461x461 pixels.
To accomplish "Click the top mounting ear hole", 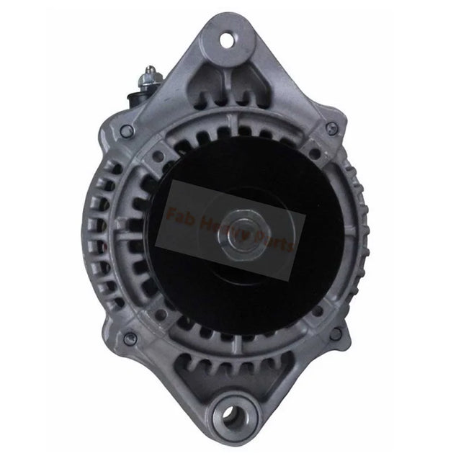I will coord(227,40).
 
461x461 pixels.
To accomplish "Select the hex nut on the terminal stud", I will coord(151,77).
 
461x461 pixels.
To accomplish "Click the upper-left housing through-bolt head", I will coord(127,130).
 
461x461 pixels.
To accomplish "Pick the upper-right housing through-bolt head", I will coord(331,128).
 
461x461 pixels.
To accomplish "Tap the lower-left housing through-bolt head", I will coord(130,339).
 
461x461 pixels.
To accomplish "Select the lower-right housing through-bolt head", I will coord(335,334).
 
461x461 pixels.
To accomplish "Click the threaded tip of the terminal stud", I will coord(150,69).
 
